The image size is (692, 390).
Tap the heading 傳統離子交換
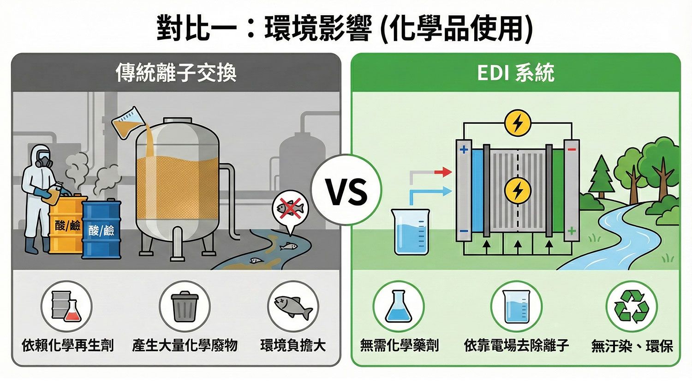(176, 73)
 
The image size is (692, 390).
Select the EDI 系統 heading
(516, 73)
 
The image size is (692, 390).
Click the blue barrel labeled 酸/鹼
(102, 229)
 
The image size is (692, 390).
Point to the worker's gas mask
(43, 161)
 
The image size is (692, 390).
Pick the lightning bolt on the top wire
(518, 123)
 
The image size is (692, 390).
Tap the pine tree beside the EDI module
(601, 176)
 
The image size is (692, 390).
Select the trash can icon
(185, 306)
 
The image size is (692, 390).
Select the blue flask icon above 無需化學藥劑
(398, 306)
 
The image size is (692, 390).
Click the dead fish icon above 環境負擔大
(293, 306)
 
